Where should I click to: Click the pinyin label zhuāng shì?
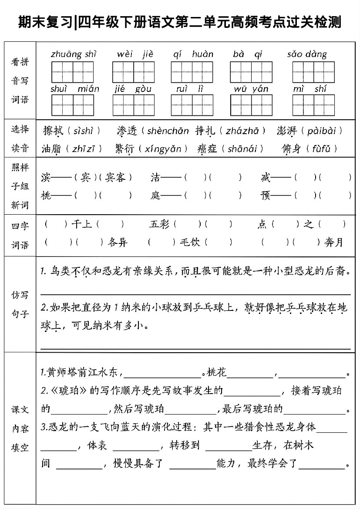pos(73,54)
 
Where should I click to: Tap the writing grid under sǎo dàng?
pos(313,72)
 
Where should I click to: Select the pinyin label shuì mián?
pos(74,89)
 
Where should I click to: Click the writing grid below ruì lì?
pos(192,105)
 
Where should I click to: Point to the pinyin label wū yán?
pos(251,89)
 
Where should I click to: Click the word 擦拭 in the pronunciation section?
pos(53,131)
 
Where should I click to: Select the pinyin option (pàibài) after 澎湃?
pos(322,131)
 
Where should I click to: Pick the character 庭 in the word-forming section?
pos(156,196)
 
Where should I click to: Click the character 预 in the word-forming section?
pos(266,196)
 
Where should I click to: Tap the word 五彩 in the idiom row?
pos(159,225)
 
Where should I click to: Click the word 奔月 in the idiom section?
pos(334,242)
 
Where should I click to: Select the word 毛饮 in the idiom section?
pos(190,242)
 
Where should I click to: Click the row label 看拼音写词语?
pos(20,81)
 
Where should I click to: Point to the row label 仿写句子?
pos(20,304)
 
